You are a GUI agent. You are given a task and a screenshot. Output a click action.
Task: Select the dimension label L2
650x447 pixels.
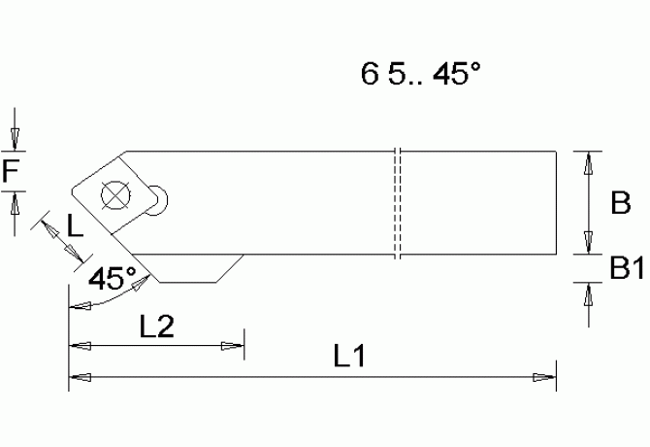(x=156, y=327)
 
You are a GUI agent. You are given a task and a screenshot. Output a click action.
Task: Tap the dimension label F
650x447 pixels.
(x=11, y=172)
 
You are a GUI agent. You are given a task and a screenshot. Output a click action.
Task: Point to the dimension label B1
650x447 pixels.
(x=628, y=268)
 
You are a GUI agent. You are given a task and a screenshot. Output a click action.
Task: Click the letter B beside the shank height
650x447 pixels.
(x=620, y=203)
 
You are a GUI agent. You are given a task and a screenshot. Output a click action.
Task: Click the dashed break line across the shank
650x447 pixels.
(x=398, y=204)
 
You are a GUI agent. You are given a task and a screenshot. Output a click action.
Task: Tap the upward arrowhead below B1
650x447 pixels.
(x=588, y=291)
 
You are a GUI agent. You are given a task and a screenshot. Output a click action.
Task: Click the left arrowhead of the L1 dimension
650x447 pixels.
(x=77, y=376)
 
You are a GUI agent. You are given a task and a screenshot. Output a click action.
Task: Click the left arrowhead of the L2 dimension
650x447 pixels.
(x=77, y=345)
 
